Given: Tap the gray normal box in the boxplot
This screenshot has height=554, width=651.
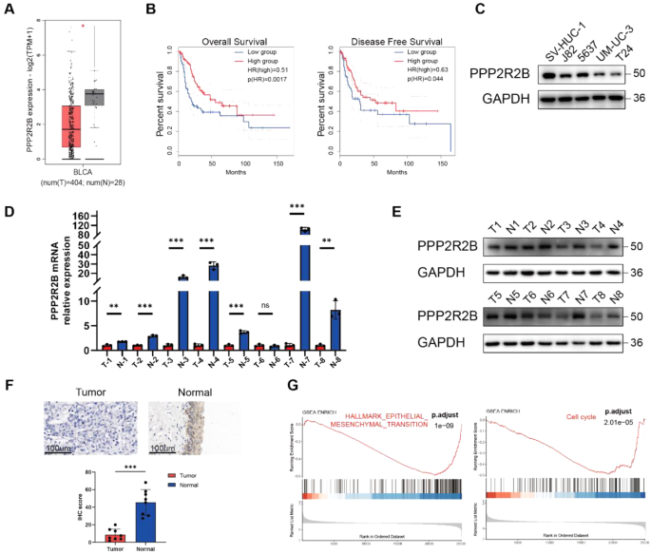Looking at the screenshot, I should [94, 97].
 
